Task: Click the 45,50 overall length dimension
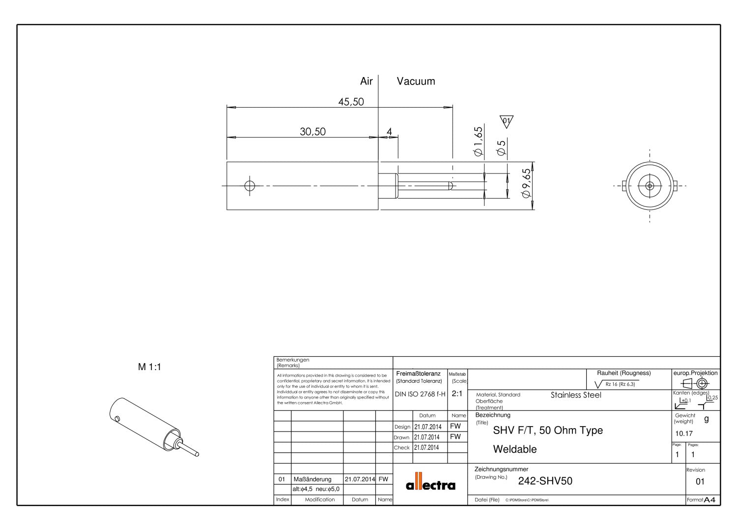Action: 351,102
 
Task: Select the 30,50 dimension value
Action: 312,132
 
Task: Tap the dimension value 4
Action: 389,132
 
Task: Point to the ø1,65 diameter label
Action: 478,142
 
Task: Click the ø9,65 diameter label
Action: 526,183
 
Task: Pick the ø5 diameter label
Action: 501,148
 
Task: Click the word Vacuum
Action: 416,82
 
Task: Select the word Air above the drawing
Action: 367,82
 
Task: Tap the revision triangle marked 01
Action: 506,121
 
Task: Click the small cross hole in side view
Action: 250,186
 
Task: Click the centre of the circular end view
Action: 650,186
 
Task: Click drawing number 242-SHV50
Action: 545,481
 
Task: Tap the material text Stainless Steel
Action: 576,395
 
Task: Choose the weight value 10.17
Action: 683,434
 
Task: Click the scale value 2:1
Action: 456,394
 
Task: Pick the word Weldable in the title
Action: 514,449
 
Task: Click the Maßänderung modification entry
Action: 312,479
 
